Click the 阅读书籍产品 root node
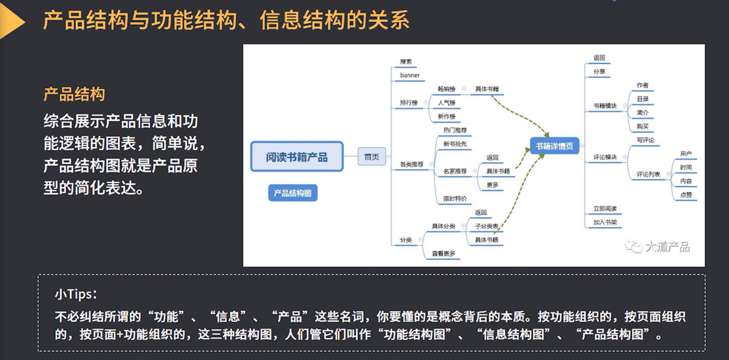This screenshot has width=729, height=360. [x=297, y=157]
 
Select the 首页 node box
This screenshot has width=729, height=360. [x=371, y=157]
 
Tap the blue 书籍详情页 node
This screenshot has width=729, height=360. [x=554, y=146]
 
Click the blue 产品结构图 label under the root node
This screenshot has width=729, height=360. [x=293, y=193]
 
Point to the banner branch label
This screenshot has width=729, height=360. [x=410, y=76]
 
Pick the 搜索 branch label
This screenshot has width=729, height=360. [x=406, y=62]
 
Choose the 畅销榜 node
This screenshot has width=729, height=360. [x=446, y=89]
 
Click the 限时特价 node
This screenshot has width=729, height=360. [x=455, y=199]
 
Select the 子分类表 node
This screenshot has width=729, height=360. [x=487, y=227]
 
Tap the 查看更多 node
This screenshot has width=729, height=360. [x=443, y=253]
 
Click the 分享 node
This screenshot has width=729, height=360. [x=599, y=72]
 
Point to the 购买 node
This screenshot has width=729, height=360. [x=643, y=126]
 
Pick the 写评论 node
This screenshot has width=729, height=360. [x=645, y=140]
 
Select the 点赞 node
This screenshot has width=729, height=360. [x=686, y=195]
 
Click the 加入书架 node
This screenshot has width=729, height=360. [x=604, y=222]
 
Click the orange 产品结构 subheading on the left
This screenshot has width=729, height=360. [x=75, y=94]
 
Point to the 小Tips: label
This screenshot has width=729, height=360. [x=76, y=294]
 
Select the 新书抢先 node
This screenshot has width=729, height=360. [x=455, y=144]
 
